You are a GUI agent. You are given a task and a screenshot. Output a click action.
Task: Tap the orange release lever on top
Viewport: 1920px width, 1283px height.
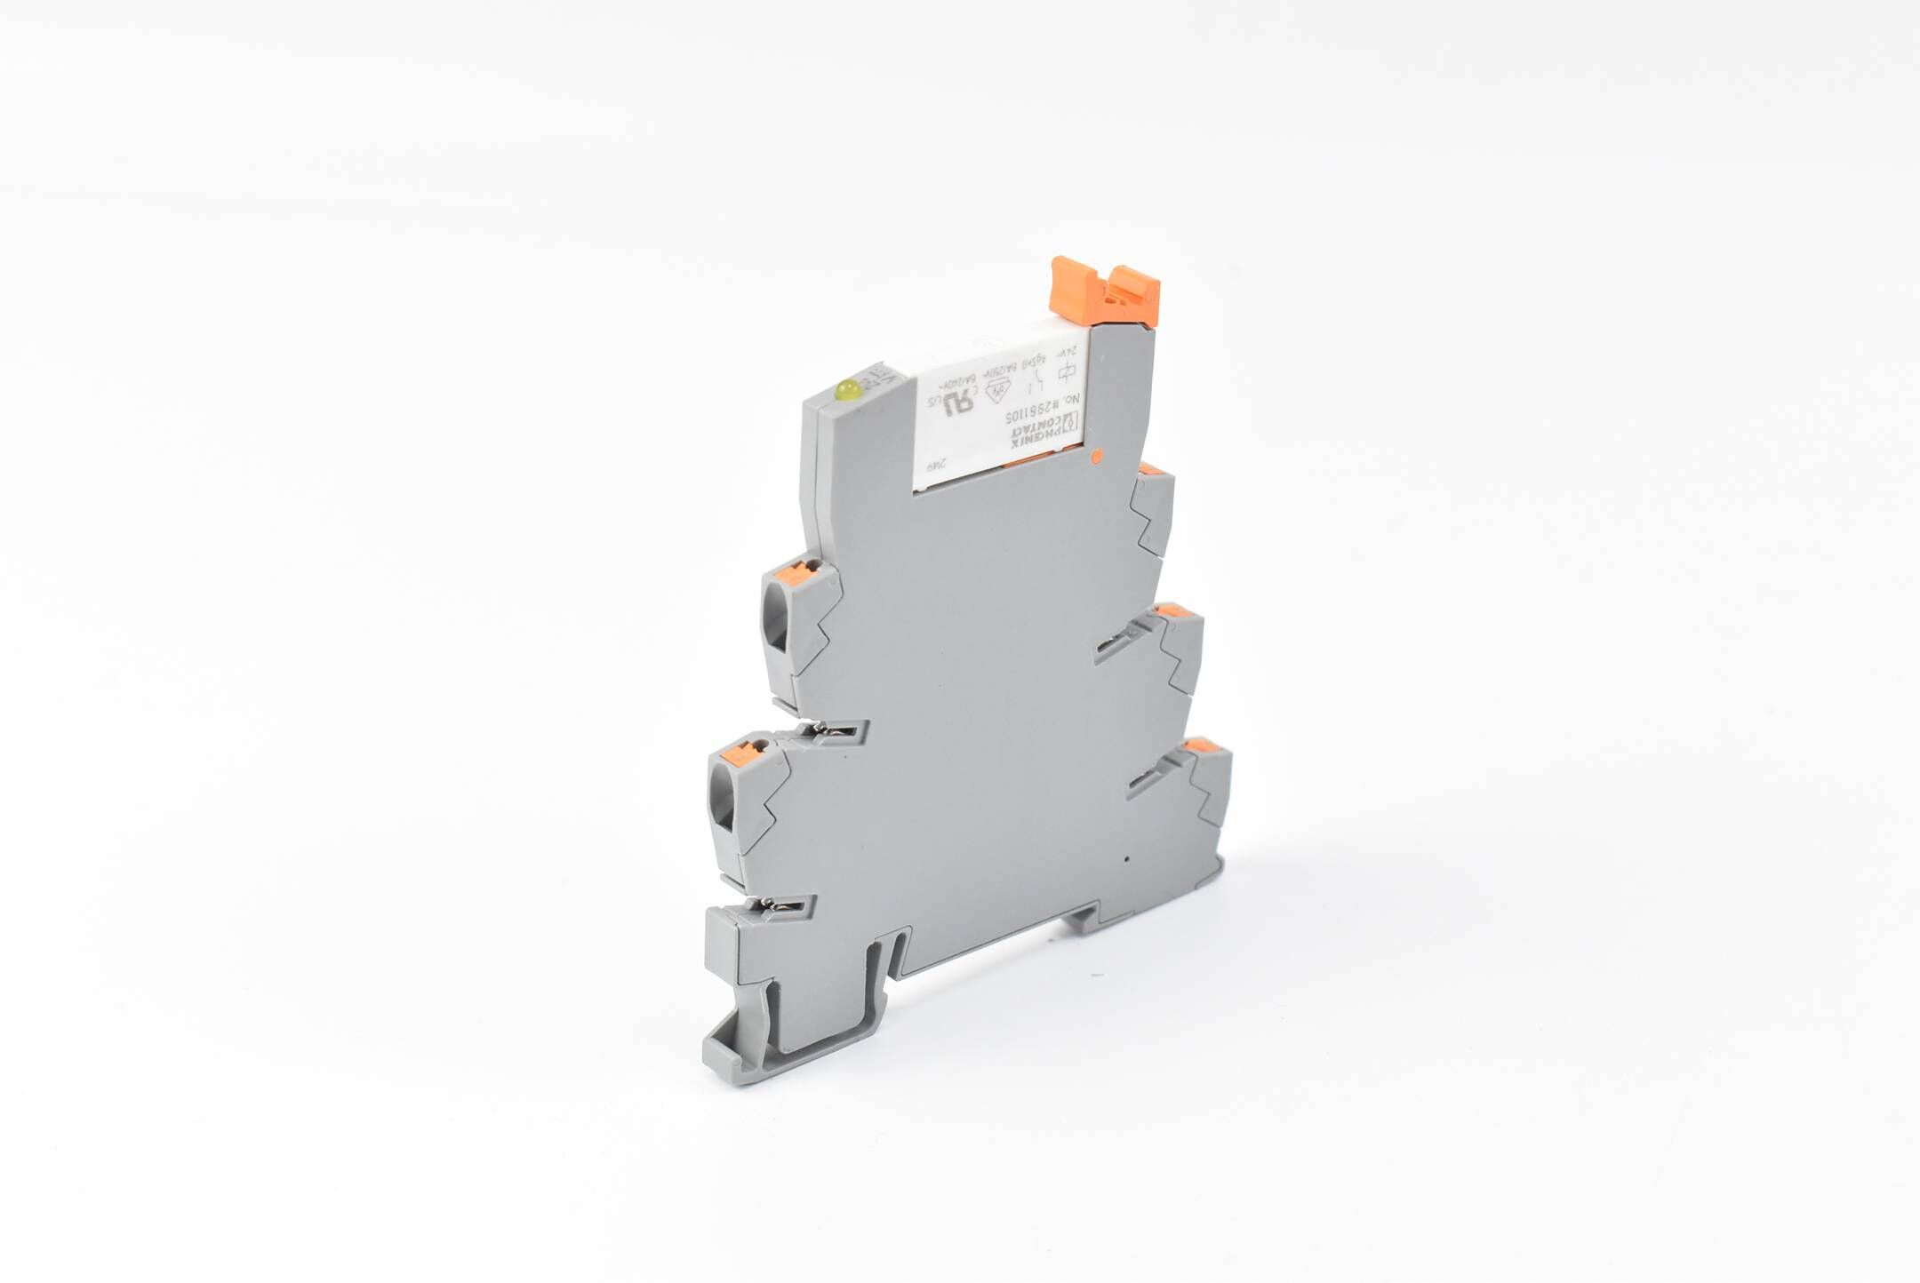tap(1105, 291)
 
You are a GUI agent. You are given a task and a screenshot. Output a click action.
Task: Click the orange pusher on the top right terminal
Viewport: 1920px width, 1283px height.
tap(1154, 469)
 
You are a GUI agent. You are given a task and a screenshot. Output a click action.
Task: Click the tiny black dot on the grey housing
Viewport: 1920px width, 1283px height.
tap(1126, 860)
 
